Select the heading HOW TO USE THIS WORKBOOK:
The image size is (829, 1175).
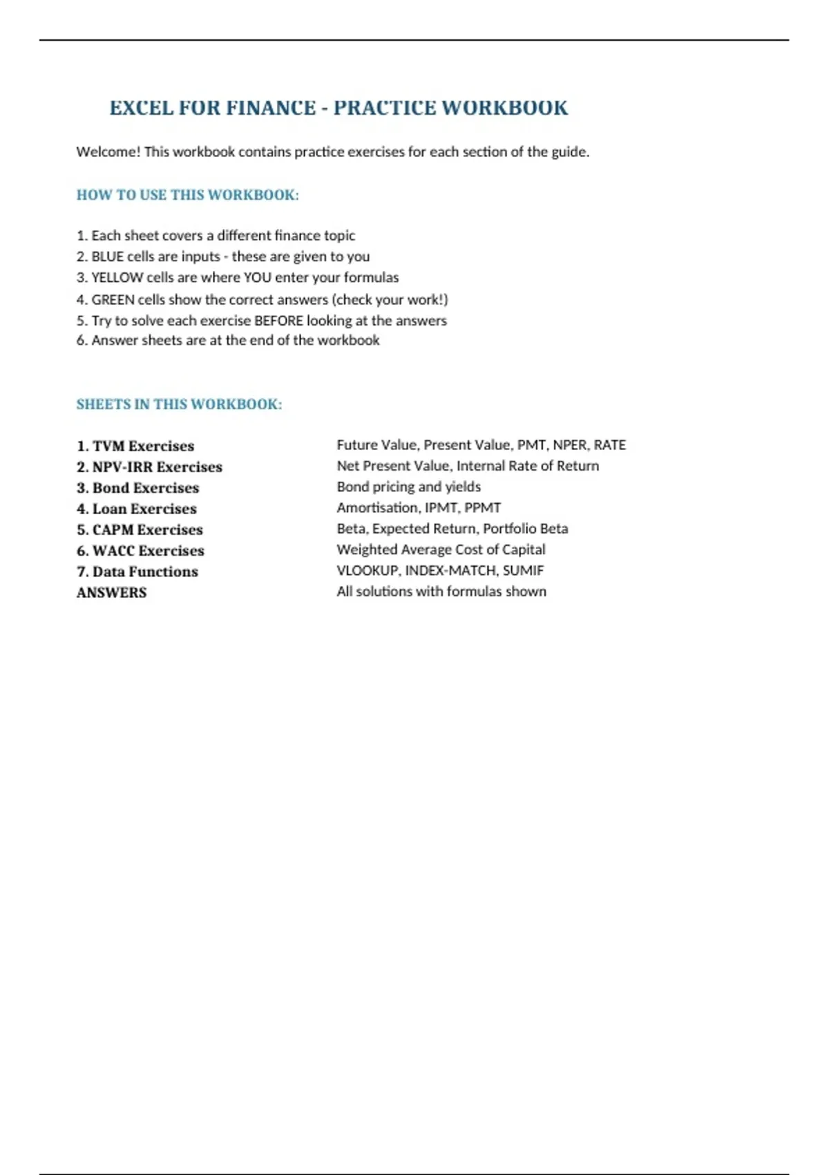point(187,195)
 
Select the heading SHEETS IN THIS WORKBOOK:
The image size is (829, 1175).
point(179,404)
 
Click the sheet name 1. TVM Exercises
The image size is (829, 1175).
point(135,446)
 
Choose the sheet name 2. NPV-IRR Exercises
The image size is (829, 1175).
point(149,467)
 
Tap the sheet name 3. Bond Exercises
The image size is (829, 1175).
point(137,488)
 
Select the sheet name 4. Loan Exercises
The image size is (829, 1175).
point(137,509)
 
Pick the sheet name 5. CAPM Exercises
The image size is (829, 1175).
point(140,530)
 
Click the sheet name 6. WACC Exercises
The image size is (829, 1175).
point(140,551)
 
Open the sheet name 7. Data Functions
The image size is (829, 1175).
point(137,572)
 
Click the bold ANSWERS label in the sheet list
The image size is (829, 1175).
point(111,593)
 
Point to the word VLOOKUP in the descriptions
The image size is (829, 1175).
point(368,571)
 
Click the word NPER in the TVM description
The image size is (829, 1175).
point(571,445)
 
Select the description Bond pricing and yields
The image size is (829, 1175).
point(408,487)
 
